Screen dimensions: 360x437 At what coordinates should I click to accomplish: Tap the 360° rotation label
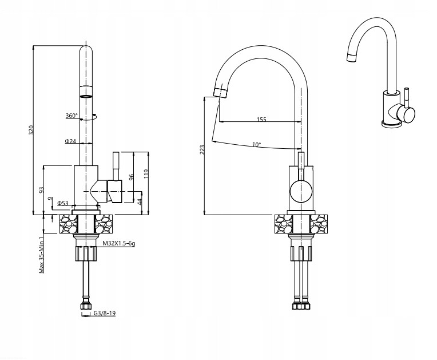pyautogui.click(x=71, y=116)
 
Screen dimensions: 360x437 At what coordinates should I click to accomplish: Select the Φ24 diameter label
pyautogui.click(x=70, y=141)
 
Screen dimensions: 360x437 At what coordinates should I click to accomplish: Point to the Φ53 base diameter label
pyautogui.click(x=63, y=203)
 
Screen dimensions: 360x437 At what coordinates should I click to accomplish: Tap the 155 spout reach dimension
pyautogui.click(x=261, y=120)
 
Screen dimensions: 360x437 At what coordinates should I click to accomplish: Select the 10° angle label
pyautogui.click(x=256, y=144)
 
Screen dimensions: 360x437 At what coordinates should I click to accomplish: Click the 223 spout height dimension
pyautogui.click(x=201, y=150)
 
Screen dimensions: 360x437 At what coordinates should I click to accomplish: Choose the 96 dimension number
pyautogui.click(x=130, y=177)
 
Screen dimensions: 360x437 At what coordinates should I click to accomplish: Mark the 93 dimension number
pyautogui.click(x=42, y=190)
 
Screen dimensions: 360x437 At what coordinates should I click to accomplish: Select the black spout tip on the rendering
pyautogui.click(x=352, y=56)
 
